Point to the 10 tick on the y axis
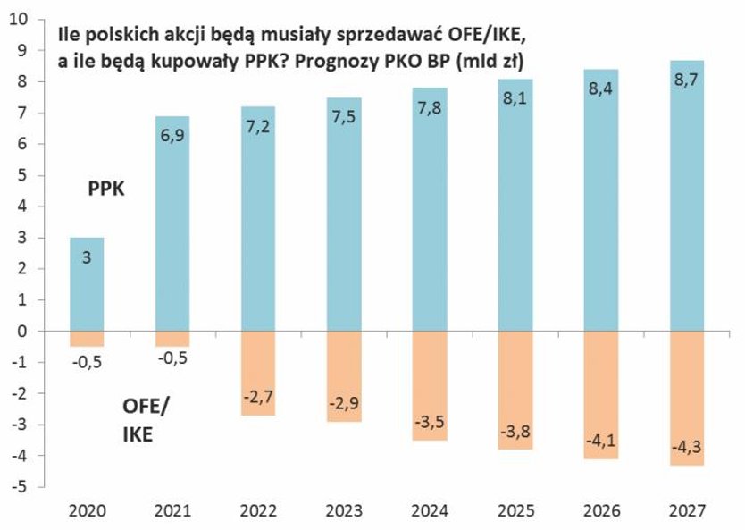[x=20, y=19]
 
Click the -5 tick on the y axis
[x=20, y=487]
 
